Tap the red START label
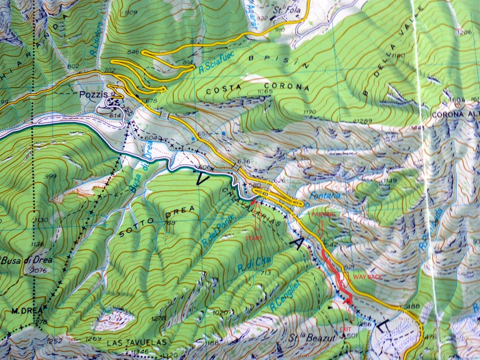click(x=254, y=238)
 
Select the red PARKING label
click(x=323, y=214)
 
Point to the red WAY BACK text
click(x=366, y=277)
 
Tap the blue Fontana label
click(x=322, y=195)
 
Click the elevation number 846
click(x=133, y=52)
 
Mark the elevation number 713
click(x=267, y=272)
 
